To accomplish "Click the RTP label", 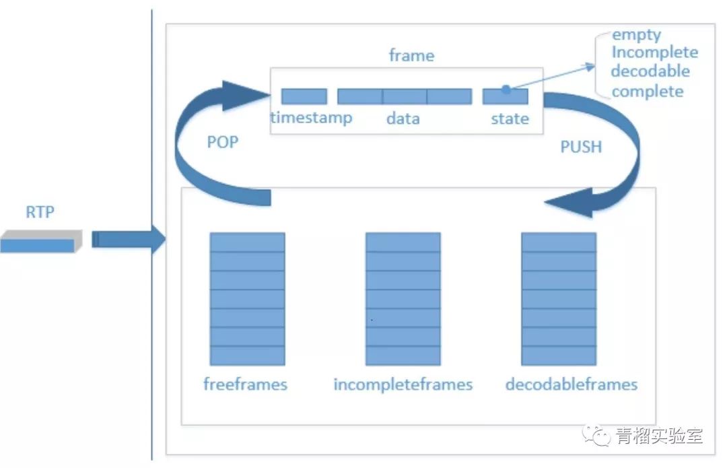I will tap(40, 213).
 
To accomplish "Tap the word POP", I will tap(222, 143).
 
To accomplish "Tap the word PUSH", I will tap(581, 147).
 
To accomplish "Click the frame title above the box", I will tap(411, 56).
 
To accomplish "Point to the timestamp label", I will tap(311, 119).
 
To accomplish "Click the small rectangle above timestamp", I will tap(304, 96).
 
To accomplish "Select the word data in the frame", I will tap(403, 119).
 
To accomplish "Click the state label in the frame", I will tap(510, 119).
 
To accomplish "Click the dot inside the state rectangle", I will tap(505, 88).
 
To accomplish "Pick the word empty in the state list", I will tap(636, 34).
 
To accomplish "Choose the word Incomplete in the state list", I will tap(654, 53).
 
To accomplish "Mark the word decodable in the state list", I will tap(650, 71).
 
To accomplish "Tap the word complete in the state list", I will tap(648, 91).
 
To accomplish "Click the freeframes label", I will tap(245, 385).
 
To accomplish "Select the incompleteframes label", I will tap(403, 385).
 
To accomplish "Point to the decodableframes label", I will tap(571, 385).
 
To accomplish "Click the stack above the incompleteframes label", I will tap(403, 298).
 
